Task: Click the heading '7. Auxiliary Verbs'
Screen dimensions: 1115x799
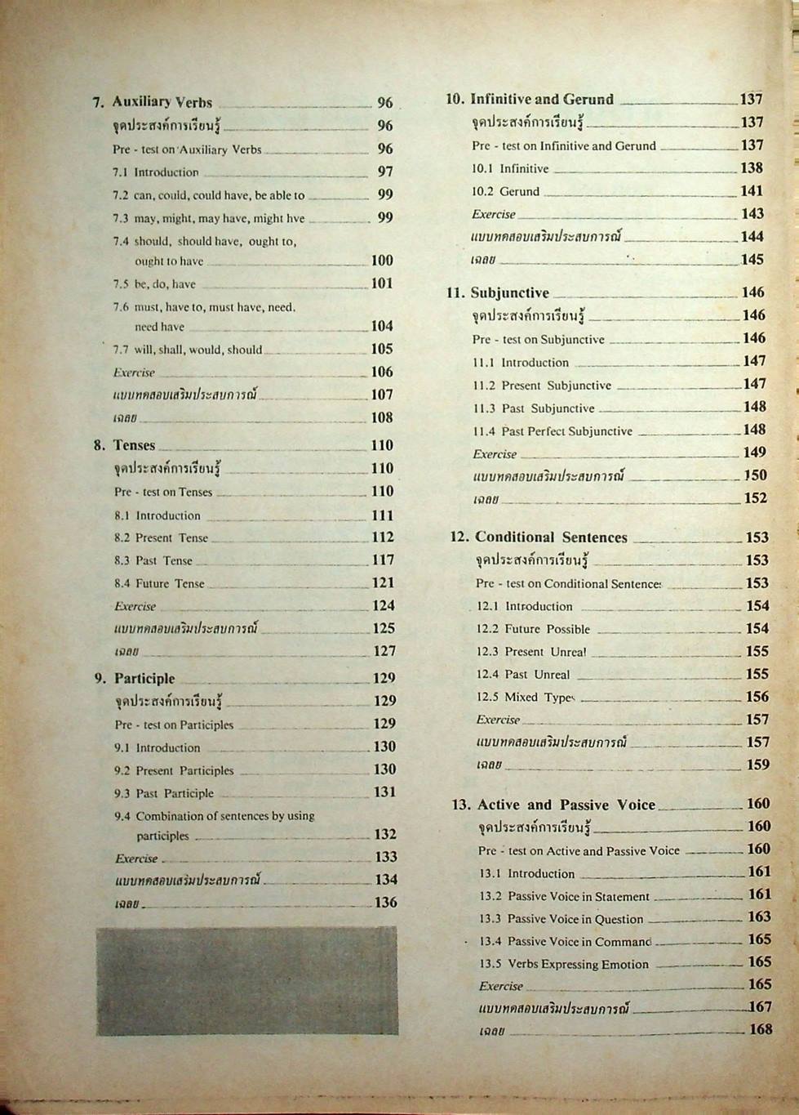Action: (153, 103)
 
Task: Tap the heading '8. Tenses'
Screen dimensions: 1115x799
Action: (125, 446)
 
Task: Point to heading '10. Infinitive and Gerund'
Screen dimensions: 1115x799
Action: (530, 100)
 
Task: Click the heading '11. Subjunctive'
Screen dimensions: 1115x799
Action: (499, 293)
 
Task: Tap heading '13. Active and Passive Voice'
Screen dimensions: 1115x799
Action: (553, 805)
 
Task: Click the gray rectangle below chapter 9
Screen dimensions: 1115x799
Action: (246, 980)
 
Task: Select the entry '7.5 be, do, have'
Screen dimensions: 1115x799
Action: (154, 284)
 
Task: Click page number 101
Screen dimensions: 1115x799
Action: (382, 284)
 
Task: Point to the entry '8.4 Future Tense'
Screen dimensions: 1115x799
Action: (159, 584)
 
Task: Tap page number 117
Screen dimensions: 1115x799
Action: (383, 560)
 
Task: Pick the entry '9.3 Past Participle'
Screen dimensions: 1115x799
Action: (164, 793)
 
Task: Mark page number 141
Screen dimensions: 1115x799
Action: (752, 191)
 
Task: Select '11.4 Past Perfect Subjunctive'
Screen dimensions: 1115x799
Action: (553, 431)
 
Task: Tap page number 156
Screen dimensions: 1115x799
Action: (757, 697)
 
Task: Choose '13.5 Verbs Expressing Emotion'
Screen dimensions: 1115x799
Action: (564, 965)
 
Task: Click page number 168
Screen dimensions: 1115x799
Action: (760, 1029)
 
